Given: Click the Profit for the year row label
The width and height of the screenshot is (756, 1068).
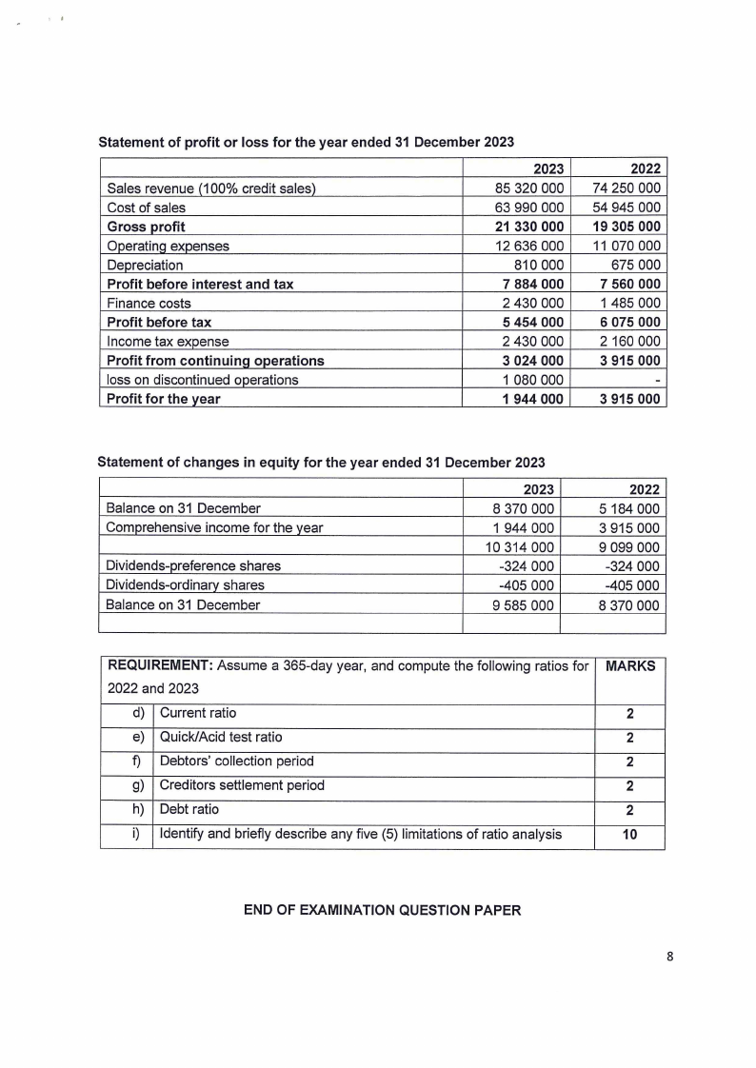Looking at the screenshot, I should (163, 399).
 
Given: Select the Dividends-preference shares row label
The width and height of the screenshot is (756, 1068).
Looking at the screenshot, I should (192, 565).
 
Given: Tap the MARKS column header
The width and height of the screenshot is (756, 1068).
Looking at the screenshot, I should (629, 666).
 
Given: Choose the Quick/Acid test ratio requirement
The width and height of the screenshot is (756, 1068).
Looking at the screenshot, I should (221, 737).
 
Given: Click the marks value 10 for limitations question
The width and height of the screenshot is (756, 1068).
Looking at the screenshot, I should (629, 835).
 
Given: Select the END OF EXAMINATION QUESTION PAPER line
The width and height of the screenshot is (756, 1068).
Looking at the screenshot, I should (383, 911).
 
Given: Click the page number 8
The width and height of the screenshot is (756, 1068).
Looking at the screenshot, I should (670, 958).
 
